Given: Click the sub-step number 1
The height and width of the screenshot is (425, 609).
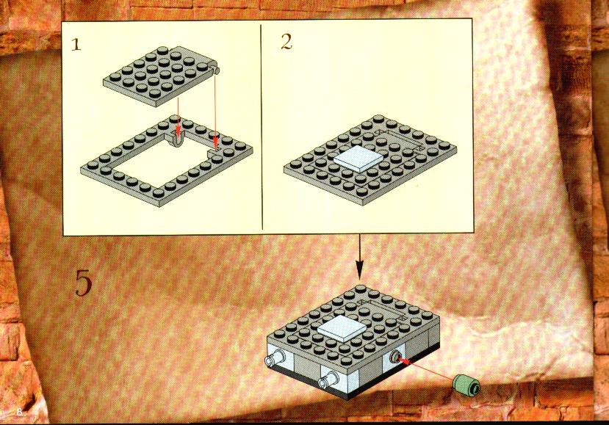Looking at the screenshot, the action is coord(76,45).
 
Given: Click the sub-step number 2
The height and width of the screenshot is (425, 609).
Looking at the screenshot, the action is coord(287,42).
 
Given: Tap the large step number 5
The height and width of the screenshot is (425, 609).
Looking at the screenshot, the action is coord(84,283).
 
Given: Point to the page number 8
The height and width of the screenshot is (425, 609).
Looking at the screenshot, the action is coord(19,413).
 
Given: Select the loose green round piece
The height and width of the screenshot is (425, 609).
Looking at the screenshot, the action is coord(466,385).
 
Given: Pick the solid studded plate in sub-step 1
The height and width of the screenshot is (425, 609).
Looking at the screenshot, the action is coord(162,76).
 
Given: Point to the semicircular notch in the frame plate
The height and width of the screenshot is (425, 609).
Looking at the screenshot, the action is coord(179,141).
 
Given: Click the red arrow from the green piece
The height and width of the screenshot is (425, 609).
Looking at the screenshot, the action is coord(426,369).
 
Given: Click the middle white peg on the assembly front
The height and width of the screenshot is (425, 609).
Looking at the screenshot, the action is coord(328,379).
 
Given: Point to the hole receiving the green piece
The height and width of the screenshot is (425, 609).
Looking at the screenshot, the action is coord(395,356).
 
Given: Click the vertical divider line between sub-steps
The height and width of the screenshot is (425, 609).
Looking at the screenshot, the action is coord(262,127).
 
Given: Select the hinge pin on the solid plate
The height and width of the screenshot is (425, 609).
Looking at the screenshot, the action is coord(216,70).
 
